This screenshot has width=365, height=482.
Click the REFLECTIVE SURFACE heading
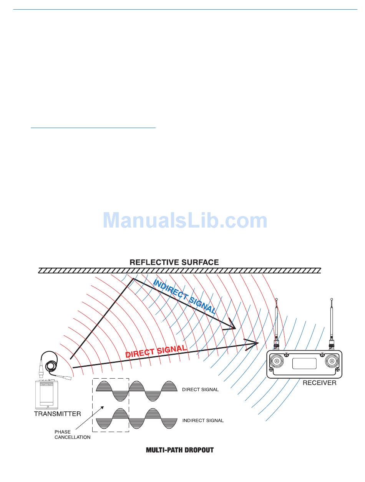[174, 263]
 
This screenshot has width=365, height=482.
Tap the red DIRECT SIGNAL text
[156, 352]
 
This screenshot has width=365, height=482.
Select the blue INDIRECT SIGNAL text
[184, 296]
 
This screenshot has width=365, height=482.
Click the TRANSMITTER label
[58, 414]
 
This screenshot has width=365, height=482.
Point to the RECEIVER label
[319, 383]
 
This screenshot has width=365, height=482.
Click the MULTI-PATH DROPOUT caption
[180, 450]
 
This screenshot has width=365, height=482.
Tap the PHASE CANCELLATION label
[72, 434]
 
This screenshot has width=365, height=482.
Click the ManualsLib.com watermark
[185, 221]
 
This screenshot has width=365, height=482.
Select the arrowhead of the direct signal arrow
[254, 342]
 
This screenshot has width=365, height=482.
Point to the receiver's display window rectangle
[304, 364]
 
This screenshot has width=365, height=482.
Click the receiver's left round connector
[277, 361]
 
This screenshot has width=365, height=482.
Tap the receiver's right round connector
[332, 361]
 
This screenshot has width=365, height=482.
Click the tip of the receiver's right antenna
[332, 300]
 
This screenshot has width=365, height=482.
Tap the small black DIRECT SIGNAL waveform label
[200, 389]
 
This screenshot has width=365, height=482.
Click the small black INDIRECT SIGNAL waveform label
[203, 421]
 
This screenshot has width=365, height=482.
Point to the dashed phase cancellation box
[111, 405]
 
